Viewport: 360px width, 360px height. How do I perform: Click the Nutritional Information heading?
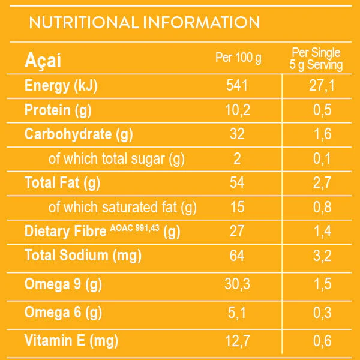tap(145, 22)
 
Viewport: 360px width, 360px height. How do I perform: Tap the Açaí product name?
tap(43, 60)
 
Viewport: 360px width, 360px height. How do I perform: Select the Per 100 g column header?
tap(238, 58)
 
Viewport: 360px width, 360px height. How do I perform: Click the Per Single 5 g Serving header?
tap(316, 59)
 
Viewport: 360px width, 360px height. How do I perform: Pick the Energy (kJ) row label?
tap(61, 86)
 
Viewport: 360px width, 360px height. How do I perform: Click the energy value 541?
tap(237, 85)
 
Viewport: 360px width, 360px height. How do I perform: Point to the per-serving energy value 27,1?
tap(322, 86)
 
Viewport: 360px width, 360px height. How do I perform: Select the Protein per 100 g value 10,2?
tap(238, 110)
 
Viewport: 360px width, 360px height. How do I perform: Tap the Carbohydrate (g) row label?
tap(79, 134)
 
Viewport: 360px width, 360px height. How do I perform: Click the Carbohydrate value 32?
tap(237, 134)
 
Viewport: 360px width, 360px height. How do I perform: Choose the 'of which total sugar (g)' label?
tap(116, 159)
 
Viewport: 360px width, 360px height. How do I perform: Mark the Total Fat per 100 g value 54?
tap(237, 182)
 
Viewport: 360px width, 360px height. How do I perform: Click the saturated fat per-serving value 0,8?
tap(322, 207)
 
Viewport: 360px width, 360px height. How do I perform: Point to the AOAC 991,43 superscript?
tap(135, 228)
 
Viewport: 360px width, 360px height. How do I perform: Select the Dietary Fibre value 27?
tap(237, 231)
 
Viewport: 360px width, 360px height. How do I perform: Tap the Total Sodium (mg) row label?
tap(83, 256)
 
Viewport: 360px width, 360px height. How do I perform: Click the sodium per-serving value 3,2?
tap(322, 256)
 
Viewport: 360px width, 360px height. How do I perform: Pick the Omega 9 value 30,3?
tap(238, 284)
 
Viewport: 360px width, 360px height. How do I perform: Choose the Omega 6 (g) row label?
tap(63, 313)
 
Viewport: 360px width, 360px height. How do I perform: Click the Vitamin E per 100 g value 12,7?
tap(238, 341)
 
